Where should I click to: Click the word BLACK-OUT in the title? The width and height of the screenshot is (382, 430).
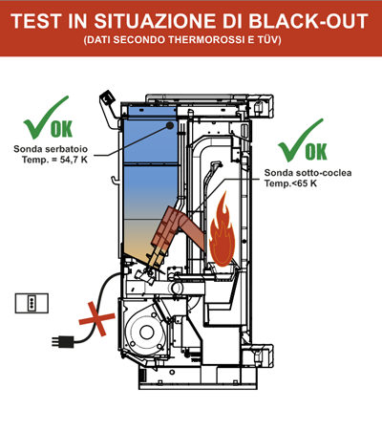click(308, 21)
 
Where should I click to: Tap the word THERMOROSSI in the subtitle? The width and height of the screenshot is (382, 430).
click(206, 40)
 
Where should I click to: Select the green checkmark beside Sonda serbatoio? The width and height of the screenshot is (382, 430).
click(46, 118)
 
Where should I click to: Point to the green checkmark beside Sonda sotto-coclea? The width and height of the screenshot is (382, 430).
click(300, 140)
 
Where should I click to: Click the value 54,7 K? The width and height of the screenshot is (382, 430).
click(74, 160)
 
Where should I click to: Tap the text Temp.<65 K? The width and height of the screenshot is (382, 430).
click(290, 183)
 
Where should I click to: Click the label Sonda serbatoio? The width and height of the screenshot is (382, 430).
click(51, 149)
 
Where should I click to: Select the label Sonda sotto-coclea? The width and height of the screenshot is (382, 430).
click(308, 173)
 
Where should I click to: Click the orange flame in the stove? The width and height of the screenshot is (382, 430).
click(222, 229)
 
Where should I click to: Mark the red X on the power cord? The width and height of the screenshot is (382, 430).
click(96, 318)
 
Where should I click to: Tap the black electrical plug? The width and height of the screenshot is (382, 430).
click(63, 342)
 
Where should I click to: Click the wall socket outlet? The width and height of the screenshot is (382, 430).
click(32, 303)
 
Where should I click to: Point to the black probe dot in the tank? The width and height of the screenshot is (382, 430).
click(170, 125)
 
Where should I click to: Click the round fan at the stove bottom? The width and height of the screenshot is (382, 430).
click(146, 333)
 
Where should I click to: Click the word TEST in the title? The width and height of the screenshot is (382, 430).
click(36, 21)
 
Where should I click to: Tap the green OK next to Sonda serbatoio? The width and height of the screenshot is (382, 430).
click(61, 129)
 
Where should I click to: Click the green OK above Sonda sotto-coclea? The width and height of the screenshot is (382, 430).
click(316, 152)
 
